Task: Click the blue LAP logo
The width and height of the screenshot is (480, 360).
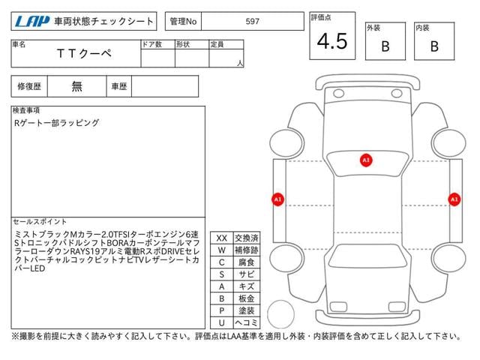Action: [x=32, y=22]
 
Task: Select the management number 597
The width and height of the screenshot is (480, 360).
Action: [x=252, y=22]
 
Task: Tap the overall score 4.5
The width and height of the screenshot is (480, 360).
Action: [x=332, y=41]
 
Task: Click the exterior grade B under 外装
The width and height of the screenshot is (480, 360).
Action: [x=385, y=46]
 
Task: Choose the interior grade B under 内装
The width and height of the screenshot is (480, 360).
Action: [x=434, y=46]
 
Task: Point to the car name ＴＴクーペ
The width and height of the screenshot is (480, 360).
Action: [x=84, y=53]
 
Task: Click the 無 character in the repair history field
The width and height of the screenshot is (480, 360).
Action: [x=76, y=86]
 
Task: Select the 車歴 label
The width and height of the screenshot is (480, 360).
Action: [x=118, y=86]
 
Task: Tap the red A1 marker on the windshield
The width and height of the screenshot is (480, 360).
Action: [x=366, y=160]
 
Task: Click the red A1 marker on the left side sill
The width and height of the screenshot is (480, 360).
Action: [x=277, y=199]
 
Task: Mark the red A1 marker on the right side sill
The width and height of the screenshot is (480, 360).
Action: [x=454, y=199]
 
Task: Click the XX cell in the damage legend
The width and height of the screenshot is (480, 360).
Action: [x=222, y=238]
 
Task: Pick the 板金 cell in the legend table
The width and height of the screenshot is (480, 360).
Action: [x=247, y=298]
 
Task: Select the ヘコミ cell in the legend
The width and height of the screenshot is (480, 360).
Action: [x=247, y=322]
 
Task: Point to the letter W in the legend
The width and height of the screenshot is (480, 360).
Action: [x=222, y=250]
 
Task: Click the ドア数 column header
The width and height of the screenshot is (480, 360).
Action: [x=151, y=44]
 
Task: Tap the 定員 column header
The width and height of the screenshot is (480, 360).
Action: [x=217, y=44]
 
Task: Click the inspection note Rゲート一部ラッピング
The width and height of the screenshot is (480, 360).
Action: [x=57, y=123]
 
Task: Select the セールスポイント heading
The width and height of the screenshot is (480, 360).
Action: [x=40, y=222]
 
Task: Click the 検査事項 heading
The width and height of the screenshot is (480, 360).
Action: [x=26, y=110]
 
